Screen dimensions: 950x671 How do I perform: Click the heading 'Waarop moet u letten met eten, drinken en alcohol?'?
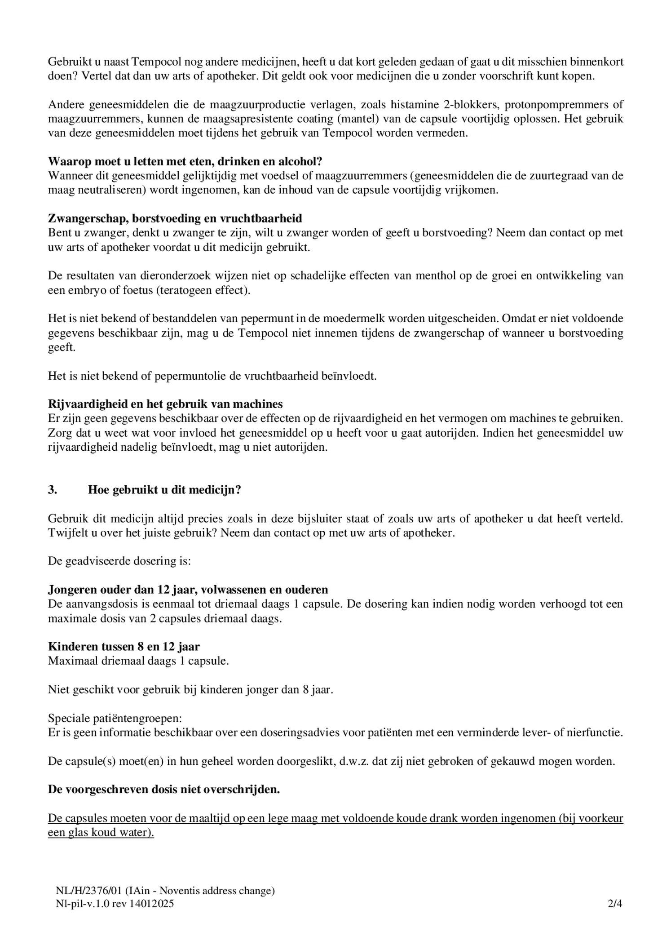point(185,161)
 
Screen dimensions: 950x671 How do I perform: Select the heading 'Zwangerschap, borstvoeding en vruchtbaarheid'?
point(175,218)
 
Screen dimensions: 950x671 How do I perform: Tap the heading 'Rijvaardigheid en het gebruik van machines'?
point(165,404)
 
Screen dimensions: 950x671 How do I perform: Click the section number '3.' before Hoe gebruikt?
point(53,490)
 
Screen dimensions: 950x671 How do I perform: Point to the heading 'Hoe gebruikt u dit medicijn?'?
point(164,490)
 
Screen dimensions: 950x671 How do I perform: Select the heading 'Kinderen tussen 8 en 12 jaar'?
point(124,647)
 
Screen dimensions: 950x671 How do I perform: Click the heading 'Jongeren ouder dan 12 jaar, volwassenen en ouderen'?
point(188,590)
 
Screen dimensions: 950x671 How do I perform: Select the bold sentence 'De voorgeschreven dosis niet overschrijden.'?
point(163,790)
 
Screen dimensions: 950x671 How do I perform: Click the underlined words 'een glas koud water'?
point(101,832)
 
